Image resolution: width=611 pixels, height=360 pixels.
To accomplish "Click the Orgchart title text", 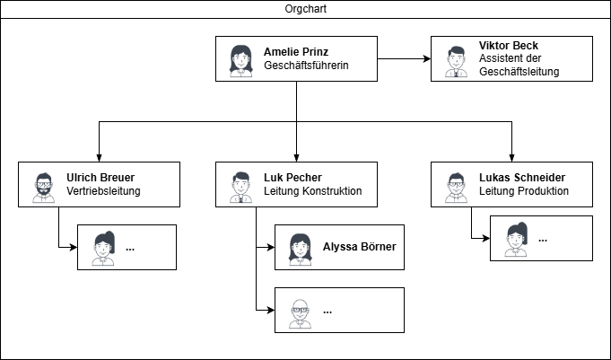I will coord(305,9).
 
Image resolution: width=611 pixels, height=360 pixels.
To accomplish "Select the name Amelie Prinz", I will coord(296,52).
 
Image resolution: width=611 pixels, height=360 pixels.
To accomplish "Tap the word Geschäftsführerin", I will coord(306,66).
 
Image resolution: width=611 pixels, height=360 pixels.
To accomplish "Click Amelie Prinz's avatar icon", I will coord(240,59).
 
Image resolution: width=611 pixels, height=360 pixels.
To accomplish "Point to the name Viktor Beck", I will coord(509,46).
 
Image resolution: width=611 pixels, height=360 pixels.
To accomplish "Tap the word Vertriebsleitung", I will coord(103,191).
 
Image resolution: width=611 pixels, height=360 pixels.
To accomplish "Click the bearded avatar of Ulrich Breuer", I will coord(43,186).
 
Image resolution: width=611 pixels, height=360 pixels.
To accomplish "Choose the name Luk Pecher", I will coord(292,178).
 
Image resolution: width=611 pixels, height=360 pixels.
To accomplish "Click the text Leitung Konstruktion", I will coord(313,191).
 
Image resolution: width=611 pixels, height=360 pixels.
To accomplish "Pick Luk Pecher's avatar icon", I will coord(240,186).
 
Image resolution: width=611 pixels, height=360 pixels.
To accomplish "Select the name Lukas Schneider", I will coord(522,178).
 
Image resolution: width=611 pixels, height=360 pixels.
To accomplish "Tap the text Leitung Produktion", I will coord(523,191).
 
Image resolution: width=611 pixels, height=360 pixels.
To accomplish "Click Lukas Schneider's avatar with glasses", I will coord(456,186).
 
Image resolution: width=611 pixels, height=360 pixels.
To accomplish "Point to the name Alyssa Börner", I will coord(359,247).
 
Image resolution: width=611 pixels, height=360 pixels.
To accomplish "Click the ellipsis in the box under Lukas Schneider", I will coord(542,240).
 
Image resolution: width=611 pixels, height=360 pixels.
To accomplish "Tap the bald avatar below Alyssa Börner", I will coord(300,312).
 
